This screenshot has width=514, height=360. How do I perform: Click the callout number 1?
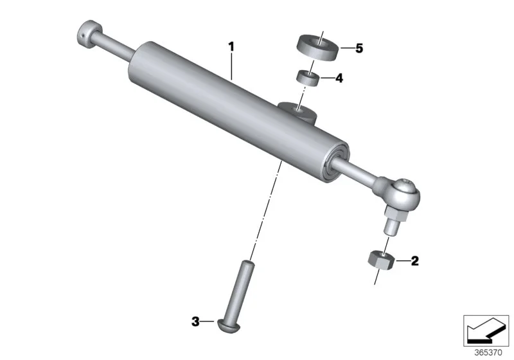coord(231,47)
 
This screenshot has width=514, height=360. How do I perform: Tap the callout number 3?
coord(195,321)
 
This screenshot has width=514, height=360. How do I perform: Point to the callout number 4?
coord(339,78)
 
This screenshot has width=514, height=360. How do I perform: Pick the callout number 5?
coord(359,48)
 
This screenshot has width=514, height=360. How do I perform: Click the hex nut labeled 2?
coord(380,260)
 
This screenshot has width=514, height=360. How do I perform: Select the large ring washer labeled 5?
coord(317,47)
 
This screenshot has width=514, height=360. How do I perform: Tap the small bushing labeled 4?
coord(308,78)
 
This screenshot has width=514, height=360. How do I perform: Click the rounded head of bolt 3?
coord(229,327)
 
